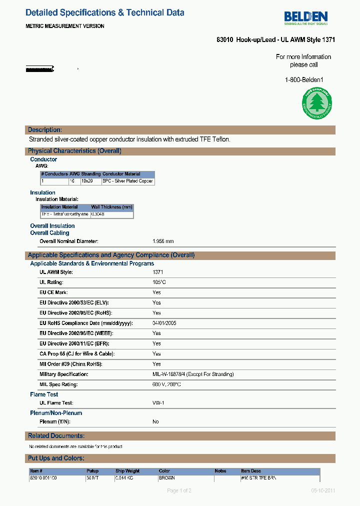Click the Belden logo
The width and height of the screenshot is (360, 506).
point(306,18)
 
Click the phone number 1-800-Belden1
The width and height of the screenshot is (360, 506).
point(304,80)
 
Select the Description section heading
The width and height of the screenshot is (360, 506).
point(45,130)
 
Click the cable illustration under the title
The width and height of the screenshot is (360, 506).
point(40,68)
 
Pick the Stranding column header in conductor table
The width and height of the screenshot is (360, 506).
point(91,174)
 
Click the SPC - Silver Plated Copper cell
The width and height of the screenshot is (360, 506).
point(127,181)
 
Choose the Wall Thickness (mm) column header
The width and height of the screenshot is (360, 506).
point(111,207)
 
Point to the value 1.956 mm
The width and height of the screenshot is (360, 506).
point(163,241)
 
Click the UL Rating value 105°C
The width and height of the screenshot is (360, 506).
point(159,282)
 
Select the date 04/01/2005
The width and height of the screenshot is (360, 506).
point(164,323)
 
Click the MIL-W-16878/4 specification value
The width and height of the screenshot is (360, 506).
point(193,374)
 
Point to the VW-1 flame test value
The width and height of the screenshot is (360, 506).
point(158,403)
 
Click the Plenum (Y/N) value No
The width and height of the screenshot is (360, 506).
point(155,422)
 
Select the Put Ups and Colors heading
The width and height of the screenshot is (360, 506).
point(56,458)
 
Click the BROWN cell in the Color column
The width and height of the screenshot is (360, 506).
point(166,478)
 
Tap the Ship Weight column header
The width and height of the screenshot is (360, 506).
point(127,471)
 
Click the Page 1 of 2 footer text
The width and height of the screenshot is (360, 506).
point(179,490)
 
